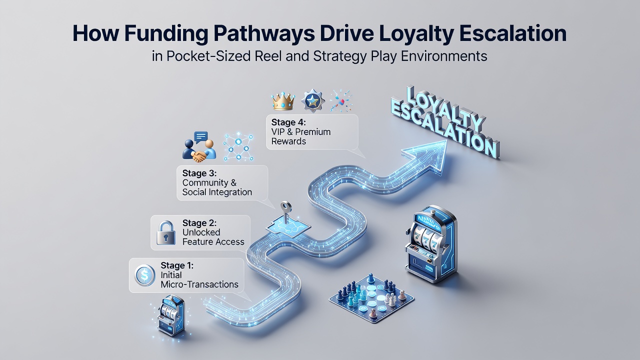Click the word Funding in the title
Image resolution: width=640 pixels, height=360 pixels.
click(x=166, y=34)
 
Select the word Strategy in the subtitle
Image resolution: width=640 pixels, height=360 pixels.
click(x=339, y=56)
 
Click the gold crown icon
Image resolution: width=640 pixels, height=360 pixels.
click(x=283, y=101)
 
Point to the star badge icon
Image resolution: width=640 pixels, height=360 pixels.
click(x=313, y=100)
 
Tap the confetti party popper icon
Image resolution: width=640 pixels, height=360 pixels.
click(x=341, y=101)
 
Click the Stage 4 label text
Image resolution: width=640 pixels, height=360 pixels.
click(x=288, y=122)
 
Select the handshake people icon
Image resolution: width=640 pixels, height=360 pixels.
click(x=199, y=147)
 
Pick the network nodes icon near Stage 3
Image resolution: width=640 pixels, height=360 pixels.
click(x=238, y=147)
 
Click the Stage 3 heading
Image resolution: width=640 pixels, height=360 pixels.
click(x=199, y=173)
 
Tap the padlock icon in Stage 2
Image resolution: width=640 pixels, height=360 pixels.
click(x=166, y=232)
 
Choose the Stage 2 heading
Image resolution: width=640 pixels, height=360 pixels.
click(x=199, y=223)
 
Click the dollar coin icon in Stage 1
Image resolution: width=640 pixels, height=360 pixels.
click(x=145, y=275)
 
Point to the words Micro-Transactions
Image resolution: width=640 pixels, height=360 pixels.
click(x=199, y=284)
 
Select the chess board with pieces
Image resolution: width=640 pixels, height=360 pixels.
click(x=371, y=297)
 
